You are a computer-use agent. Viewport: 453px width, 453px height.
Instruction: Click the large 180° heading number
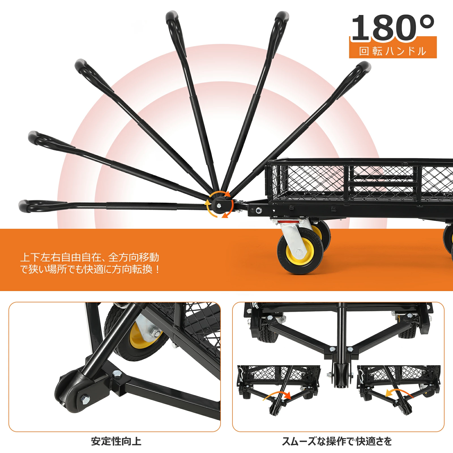click(x=393, y=27)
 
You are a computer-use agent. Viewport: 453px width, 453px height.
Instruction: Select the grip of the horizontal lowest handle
click(x=42, y=206)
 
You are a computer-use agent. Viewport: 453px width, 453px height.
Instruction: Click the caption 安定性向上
click(x=116, y=441)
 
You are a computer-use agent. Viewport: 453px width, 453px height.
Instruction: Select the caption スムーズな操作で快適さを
click(x=337, y=441)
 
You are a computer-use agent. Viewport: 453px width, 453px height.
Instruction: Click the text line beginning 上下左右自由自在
click(x=89, y=257)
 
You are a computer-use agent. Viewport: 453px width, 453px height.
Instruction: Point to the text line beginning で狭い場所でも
click(x=90, y=269)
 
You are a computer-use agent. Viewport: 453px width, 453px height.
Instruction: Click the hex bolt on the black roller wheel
click(x=85, y=400)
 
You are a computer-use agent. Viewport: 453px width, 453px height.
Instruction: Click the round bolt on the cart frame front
click(x=258, y=210)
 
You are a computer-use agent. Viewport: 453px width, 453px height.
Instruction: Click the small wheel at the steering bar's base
click(x=341, y=375)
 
